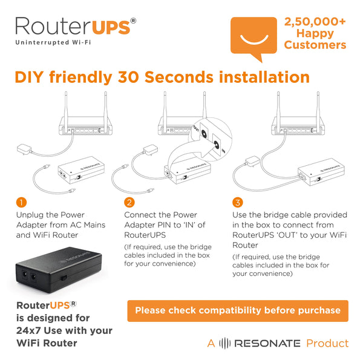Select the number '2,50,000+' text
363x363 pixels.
tap(315, 22)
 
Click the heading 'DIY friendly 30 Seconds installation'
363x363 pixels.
tap(162, 77)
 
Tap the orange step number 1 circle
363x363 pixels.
tap(21, 202)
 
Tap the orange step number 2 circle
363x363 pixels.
tap(129, 202)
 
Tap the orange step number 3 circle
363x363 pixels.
tap(237, 202)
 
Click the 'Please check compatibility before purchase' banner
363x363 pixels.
tap(238, 310)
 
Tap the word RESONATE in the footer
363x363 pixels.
tap(267, 344)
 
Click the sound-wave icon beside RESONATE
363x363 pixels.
tap(224, 343)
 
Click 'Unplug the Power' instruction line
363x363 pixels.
tap(50, 215)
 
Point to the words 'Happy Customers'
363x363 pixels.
tap(315, 39)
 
